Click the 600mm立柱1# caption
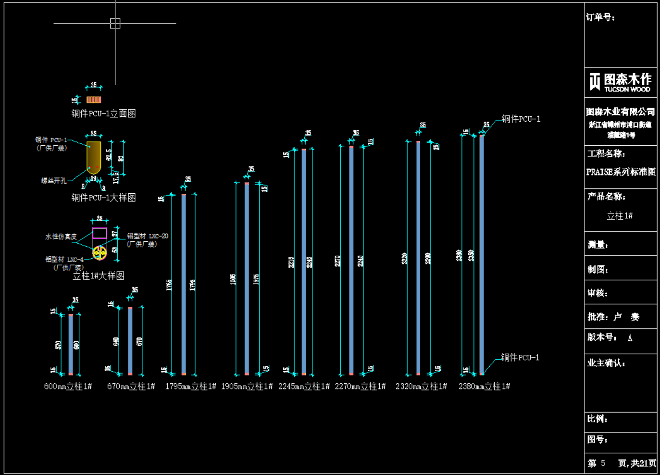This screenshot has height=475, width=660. [68, 386]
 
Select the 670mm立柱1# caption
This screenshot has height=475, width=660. [131, 386]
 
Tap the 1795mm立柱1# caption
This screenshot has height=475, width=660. [190, 386]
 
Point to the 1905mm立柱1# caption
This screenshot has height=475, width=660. [247, 386]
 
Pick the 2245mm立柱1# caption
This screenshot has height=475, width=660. [304, 386]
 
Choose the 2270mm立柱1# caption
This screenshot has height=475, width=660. [360, 386]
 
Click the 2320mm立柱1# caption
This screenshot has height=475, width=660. [421, 386]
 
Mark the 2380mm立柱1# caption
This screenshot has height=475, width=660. [484, 386]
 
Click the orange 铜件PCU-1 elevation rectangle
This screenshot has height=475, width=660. [94, 100]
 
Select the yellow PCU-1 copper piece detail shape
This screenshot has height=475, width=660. [94, 155]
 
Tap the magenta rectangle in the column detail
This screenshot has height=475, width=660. [100, 233]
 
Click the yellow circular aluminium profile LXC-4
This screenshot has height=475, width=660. [100, 252]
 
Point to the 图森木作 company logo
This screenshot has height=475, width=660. [620, 82]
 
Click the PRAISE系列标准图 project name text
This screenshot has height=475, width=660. [621, 172]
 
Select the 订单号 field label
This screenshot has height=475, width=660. [600, 17]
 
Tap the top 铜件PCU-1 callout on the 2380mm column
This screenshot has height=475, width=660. [521, 119]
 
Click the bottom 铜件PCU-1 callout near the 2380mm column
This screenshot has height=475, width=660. [520, 357]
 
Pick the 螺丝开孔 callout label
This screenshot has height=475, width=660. [54, 181]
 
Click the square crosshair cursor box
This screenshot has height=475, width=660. [115, 23]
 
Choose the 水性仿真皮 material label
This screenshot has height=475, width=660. [61, 237]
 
